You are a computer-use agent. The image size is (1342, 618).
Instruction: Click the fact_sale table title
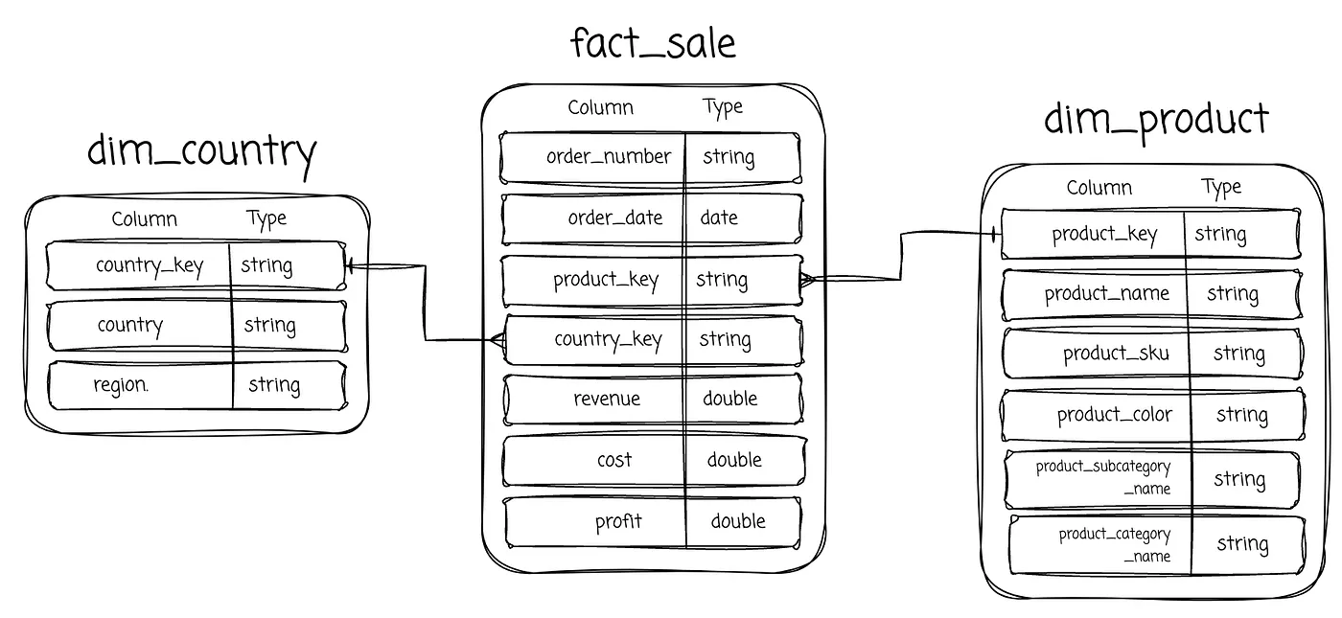[653, 43]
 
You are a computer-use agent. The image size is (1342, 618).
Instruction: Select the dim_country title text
[202, 152]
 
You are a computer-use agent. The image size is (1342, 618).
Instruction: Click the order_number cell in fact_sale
[609, 157]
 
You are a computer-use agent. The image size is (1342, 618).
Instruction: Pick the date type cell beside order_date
[719, 217]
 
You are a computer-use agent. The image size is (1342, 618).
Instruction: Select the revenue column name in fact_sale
[607, 399]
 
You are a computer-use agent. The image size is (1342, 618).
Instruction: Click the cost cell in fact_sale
[614, 460]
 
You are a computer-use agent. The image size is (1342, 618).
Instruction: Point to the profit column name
[618, 521]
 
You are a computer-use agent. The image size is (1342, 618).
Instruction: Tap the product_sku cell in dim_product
[1116, 354]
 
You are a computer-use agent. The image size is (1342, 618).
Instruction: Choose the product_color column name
[1114, 415]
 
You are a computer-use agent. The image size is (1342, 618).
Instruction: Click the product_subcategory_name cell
[1103, 478]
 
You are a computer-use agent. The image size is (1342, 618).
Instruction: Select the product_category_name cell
[1114, 545]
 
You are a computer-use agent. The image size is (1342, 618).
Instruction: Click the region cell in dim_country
[121, 385]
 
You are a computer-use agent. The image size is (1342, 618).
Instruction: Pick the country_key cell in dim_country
[150, 266]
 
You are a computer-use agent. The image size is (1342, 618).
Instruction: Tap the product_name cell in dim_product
[1106, 294]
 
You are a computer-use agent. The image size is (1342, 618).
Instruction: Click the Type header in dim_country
[266, 219]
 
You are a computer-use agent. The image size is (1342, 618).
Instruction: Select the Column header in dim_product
[1099, 188]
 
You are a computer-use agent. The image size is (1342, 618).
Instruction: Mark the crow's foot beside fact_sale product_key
[807, 279]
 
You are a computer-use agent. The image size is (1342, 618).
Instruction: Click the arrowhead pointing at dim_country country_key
[349, 266]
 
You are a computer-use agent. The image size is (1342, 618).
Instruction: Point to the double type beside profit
[738, 521]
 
